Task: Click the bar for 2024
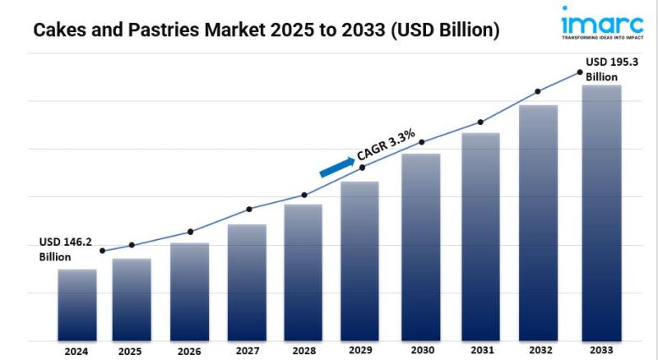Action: pos(77,304)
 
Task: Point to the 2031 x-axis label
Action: pos(480,350)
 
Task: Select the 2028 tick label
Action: pos(304,350)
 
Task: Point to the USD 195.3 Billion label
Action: pos(612,69)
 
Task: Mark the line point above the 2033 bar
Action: pos(580,72)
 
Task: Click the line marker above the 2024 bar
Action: pos(102,251)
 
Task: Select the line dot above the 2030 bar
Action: pos(422,142)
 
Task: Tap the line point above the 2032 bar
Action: pos(538,91)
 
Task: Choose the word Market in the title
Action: pos(200,31)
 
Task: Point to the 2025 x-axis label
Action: pos(130,350)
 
